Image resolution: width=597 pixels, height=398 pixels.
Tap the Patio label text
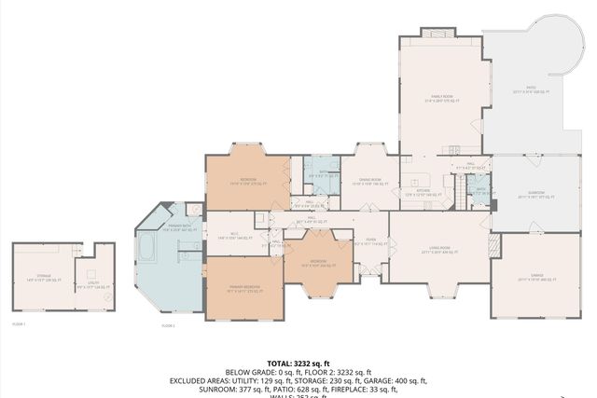click(531, 91)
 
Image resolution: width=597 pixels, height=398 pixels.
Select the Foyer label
click(370, 240)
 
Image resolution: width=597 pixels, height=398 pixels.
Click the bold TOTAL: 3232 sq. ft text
click(298, 363)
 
